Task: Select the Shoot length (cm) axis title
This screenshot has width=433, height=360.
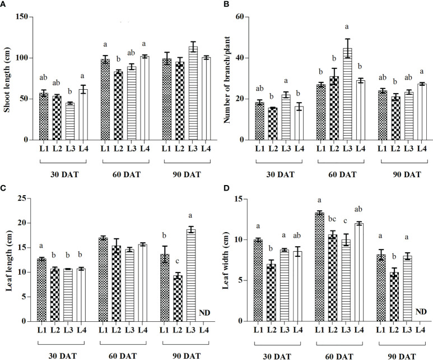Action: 6,77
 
